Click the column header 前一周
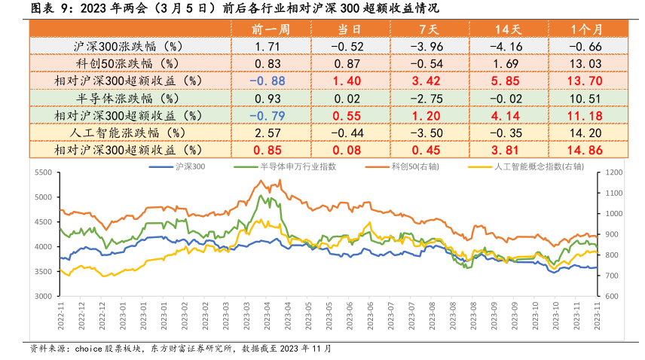click(x=270, y=29)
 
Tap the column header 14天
click(x=507, y=29)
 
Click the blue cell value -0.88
click(x=269, y=81)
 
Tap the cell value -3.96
click(x=428, y=47)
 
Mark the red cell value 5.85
click(x=506, y=81)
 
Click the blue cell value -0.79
click(x=269, y=116)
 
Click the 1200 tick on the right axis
click(x=610, y=173)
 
